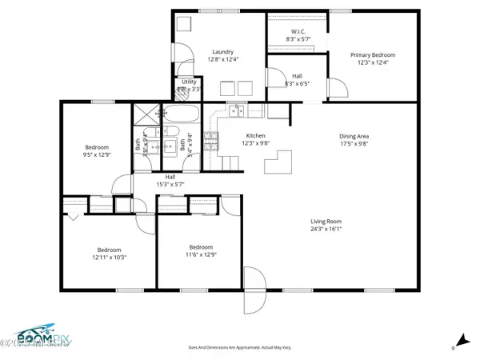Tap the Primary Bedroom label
[x=373, y=55]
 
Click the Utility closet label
[x=189, y=82]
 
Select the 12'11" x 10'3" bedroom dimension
[x=110, y=257]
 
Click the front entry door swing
[x=254, y=291]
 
